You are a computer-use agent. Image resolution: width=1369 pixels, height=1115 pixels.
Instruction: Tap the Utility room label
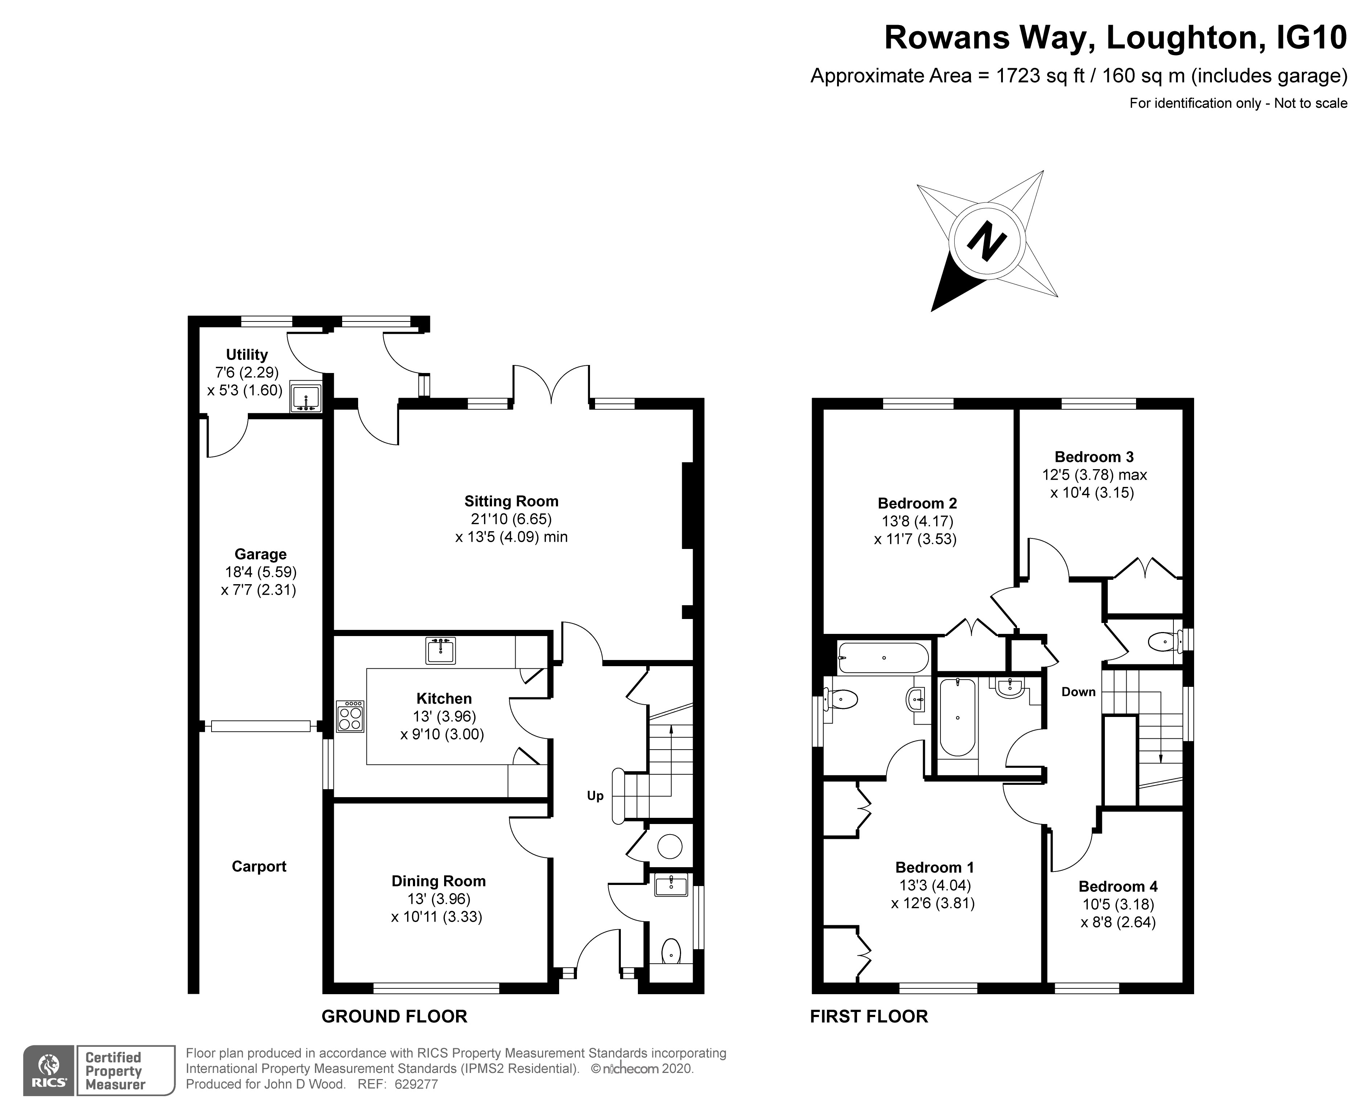pyautogui.click(x=247, y=354)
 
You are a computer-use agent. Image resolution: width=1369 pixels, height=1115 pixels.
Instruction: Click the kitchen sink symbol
pyautogui.click(x=440, y=650)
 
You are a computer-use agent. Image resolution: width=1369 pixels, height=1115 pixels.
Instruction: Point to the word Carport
pyautogui.click(x=259, y=866)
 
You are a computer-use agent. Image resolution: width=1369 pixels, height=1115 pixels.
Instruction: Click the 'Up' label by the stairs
pyautogui.click(x=595, y=796)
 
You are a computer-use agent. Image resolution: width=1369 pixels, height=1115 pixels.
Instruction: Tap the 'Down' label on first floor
pyautogui.click(x=1078, y=692)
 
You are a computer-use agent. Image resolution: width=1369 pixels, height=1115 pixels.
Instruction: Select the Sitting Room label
pyautogui.click(x=511, y=501)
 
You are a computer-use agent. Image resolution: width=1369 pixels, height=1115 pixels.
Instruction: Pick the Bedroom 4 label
pyautogui.click(x=1118, y=886)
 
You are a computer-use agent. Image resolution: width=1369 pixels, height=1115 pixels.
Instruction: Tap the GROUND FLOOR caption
pyautogui.click(x=394, y=1016)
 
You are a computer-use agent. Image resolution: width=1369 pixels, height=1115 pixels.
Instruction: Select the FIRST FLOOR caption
pyautogui.click(x=869, y=1016)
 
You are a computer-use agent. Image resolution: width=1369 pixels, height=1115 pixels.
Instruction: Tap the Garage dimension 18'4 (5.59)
pyautogui.click(x=261, y=571)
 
